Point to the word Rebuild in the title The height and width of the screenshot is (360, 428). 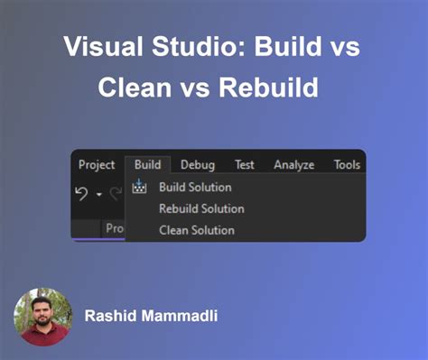[273, 89]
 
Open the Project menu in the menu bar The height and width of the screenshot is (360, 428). [97, 164]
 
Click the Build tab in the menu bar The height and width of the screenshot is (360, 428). [147, 164]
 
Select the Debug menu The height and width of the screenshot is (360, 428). [198, 164]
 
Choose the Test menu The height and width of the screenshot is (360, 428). [244, 164]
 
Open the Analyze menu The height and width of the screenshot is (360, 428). [293, 164]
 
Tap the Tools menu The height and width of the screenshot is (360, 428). [347, 164]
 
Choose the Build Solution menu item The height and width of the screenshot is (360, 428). [195, 188]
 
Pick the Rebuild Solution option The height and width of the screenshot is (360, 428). [201, 208]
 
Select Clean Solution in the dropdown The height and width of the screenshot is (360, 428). [196, 230]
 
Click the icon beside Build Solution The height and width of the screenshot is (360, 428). [139, 188]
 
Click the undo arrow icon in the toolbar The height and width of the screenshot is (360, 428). [81, 193]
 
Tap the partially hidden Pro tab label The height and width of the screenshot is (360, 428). [115, 229]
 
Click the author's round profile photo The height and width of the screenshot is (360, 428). [42, 317]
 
